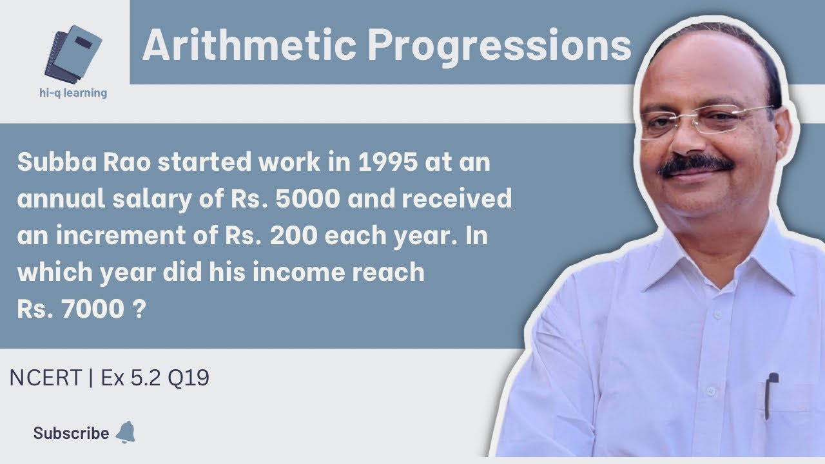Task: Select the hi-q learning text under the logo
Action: pos(73,93)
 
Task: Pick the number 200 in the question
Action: pos(293,237)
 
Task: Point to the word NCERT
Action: pos(46,378)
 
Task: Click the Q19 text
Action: pos(188,378)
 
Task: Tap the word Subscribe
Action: pos(71,434)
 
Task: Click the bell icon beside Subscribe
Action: pos(125,432)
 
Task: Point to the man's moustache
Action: pos(696,166)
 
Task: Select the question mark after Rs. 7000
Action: pos(137,310)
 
